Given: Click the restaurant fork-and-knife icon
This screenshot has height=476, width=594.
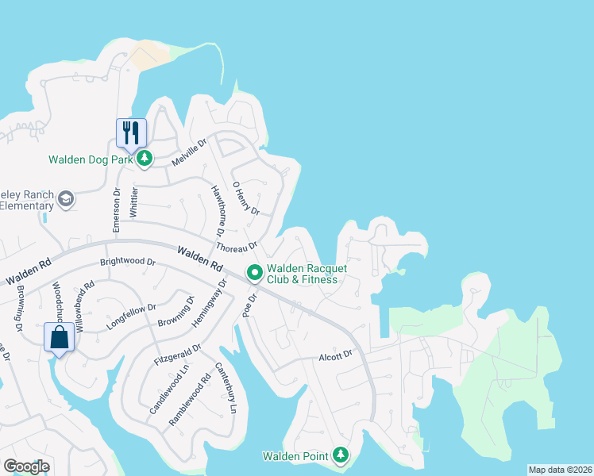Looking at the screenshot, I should click(132, 132).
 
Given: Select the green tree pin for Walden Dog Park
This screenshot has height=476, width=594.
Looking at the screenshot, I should click(144, 159).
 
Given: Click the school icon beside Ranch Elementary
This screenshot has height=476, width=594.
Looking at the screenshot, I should click(67, 198).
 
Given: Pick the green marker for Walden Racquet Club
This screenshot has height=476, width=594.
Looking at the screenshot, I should click(255, 273).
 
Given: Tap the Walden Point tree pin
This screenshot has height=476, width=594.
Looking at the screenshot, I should click(341, 455).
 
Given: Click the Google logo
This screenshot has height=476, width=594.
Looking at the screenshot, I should click(26, 466).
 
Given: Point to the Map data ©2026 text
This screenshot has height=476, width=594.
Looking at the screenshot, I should click(561, 470).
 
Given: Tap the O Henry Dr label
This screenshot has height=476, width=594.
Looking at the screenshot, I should click(245, 198).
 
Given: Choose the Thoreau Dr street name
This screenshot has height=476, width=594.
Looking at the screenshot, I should click(236, 248).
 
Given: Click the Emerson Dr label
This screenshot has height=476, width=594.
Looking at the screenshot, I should click(116, 209).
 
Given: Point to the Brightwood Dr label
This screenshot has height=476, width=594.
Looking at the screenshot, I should click(127, 261).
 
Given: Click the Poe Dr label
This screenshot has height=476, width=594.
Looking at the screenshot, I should click(250, 305).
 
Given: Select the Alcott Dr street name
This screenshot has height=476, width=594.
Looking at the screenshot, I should click(334, 355).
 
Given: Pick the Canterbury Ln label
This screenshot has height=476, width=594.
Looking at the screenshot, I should click(226, 389).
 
